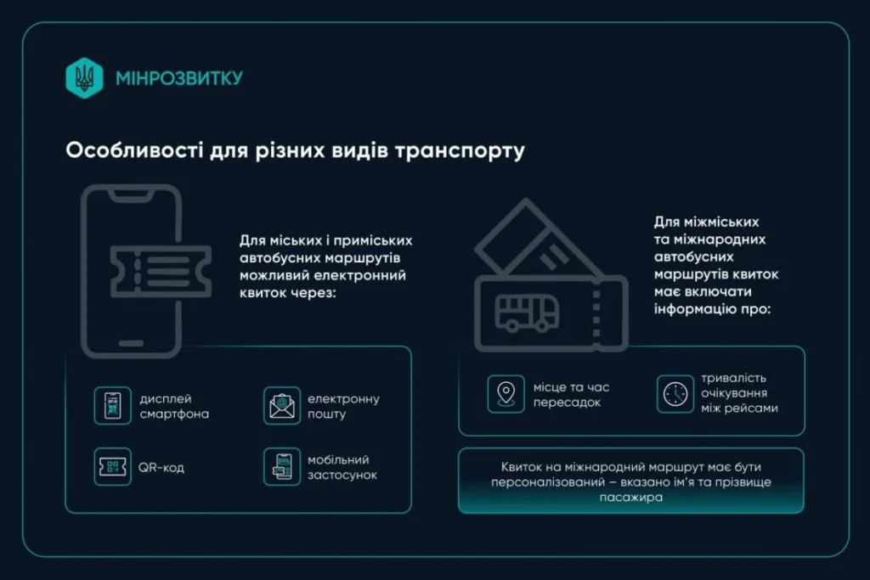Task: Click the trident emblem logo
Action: click(x=84, y=77)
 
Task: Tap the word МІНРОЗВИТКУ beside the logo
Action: click(x=179, y=78)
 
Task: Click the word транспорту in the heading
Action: click(x=460, y=151)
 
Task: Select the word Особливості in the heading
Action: click(x=134, y=149)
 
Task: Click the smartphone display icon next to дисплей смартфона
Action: click(x=113, y=406)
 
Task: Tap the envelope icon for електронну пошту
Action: click(x=282, y=406)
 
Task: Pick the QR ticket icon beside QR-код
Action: click(x=113, y=467)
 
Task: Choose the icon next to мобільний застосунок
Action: click(x=282, y=467)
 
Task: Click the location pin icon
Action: click(x=506, y=394)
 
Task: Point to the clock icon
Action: click(x=675, y=394)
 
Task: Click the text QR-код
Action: click(x=161, y=467)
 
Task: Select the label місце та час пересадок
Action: click(x=572, y=394)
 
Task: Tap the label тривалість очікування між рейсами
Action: click(x=740, y=393)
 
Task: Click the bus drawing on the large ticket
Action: click(x=527, y=313)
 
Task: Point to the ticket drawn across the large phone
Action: click(x=161, y=272)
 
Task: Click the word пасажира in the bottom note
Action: click(x=631, y=498)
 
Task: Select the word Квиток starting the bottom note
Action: click(x=521, y=467)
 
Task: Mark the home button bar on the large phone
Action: click(x=131, y=343)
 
